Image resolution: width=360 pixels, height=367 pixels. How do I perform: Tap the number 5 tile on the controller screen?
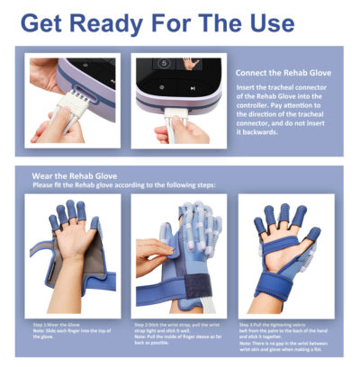coord(164,65)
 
